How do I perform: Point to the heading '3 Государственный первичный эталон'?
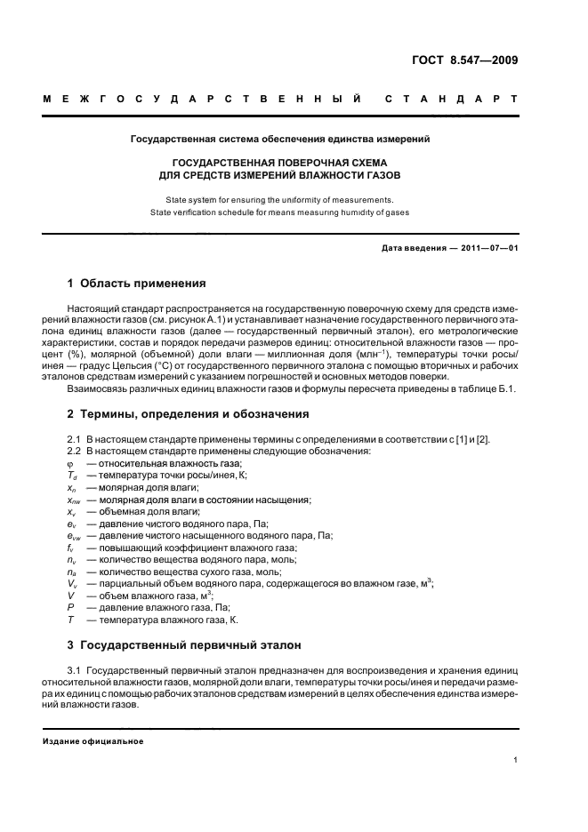point(185,644)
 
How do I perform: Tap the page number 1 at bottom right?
point(516,760)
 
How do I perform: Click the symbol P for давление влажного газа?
point(70,606)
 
